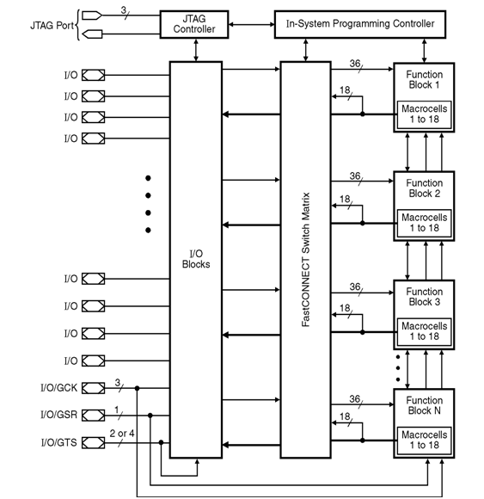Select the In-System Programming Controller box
[359, 23]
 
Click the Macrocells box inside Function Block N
[423, 439]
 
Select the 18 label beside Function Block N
[346, 417]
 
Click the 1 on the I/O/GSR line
[118, 409]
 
